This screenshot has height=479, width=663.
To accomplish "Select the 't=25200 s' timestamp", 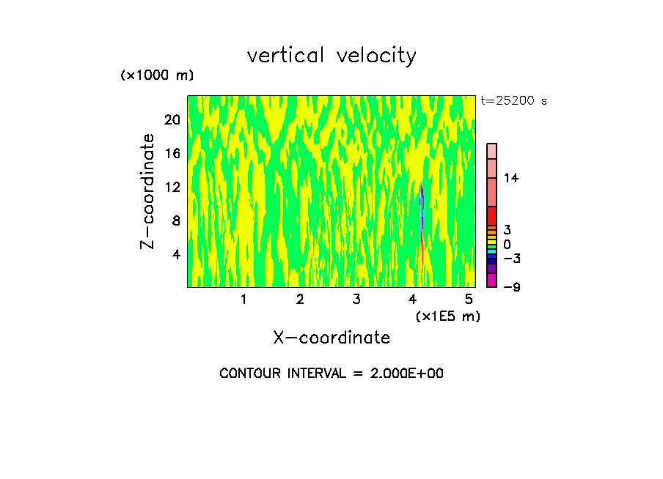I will [513, 101].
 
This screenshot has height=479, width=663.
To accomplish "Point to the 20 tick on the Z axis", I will [172, 120].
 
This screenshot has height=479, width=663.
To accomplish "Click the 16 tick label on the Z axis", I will [172, 154].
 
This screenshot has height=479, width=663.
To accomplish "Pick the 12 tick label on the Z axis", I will [172, 187].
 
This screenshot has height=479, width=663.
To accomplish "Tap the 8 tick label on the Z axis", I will [175, 221].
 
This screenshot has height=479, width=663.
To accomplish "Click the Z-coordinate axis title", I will [148, 191].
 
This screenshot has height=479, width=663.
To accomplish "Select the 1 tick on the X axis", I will [243, 300].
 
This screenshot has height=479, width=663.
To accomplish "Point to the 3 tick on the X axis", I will [356, 300].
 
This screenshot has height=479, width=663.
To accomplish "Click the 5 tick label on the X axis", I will [469, 300].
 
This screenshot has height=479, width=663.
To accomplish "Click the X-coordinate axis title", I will [331, 338].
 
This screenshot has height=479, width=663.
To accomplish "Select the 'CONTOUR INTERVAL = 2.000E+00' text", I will [331, 374].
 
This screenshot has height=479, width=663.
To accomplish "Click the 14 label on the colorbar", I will [511, 178].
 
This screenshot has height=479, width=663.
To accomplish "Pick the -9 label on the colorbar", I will [512, 287].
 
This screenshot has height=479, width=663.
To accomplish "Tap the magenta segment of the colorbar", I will [492, 281].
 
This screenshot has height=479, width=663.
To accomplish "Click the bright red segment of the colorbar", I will [492, 216].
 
